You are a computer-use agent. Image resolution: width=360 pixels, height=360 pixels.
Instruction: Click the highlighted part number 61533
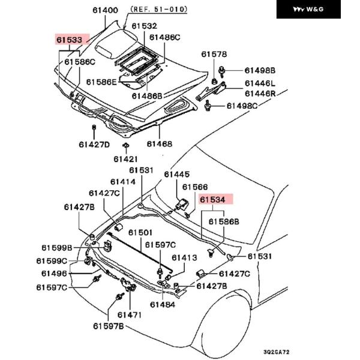coord(69,40)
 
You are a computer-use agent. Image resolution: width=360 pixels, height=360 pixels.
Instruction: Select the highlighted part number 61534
coord(212,200)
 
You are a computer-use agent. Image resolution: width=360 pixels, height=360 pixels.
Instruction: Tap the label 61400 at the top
coord(105,10)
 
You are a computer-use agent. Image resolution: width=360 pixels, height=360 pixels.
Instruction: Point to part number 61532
coord(144,26)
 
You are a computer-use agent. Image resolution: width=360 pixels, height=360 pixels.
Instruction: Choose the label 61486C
coord(164,37)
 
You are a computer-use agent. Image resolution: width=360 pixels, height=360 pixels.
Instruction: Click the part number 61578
coord(214,55)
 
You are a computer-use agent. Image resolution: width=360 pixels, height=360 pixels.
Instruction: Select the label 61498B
coord(259,70)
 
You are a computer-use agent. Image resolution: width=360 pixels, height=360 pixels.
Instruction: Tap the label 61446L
coord(260,83)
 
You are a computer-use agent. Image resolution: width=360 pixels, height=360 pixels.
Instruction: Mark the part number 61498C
coord(242,106)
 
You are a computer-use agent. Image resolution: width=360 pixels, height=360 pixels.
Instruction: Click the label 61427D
coord(94,144)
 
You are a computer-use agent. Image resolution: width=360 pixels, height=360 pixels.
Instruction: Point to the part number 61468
coord(159,144)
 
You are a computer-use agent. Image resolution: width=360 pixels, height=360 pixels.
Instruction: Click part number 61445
coord(177,174)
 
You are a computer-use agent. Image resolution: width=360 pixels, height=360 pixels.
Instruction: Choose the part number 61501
coord(139,232)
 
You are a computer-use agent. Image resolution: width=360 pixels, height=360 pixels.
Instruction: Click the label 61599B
coord(57,248)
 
